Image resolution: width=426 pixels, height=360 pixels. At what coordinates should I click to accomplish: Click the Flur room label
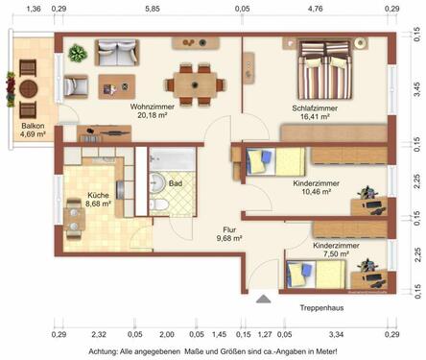pyautogui.click(x=229, y=230)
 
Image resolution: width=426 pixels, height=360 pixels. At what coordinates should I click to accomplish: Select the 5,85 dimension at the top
pyautogui.click(x=152, y=9)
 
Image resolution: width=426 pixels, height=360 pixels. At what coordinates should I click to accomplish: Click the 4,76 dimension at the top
pyautogui.click(x=315, y=9)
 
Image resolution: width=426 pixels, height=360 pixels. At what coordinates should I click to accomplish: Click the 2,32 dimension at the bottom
pyautogui.click(x=98, y=335)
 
